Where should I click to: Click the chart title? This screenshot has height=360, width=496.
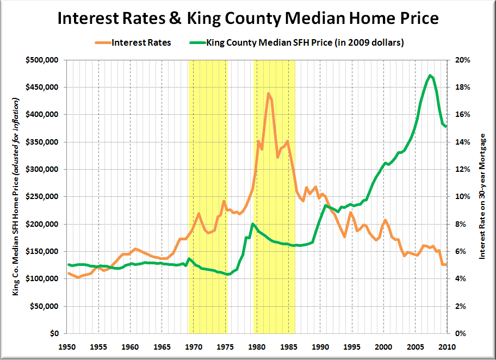point(247,18)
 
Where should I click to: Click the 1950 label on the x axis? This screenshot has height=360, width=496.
point(67,346)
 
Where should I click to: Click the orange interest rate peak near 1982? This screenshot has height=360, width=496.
point(268,94)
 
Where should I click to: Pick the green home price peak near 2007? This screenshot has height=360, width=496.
point(430,75)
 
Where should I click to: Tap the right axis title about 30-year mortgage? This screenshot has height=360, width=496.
point(481,196)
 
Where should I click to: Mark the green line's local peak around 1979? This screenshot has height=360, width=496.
point(253,224)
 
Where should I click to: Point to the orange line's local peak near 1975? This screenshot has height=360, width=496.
point(224,201)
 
